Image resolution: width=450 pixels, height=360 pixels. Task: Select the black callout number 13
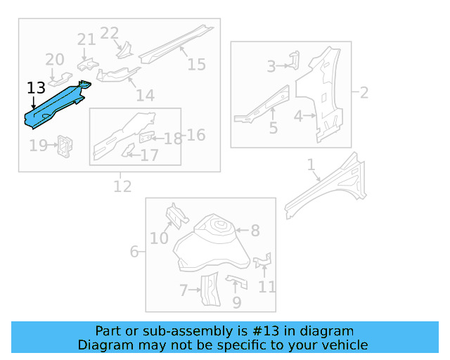pos(36,88)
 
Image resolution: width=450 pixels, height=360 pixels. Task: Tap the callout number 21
pos(86,39)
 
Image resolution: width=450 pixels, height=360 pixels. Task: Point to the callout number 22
pos(110,33)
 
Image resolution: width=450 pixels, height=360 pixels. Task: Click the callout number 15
pos(196,65)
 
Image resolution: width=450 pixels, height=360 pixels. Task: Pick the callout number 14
pos(145,96)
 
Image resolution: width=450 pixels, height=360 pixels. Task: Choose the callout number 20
pos(55,60)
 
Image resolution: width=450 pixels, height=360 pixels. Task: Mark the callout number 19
pos(37,146)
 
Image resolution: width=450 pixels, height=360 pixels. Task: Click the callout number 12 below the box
pos(122,186)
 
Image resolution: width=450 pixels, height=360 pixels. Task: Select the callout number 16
pos(195,134)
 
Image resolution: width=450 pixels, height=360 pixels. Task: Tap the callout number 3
pos(271,67)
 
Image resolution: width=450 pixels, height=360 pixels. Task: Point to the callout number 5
pos(273,128)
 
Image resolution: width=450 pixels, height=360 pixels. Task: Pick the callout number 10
pos(159,238)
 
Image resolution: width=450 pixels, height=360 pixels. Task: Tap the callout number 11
pos(266,286)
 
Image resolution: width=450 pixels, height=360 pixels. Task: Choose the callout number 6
pos(134,251)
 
